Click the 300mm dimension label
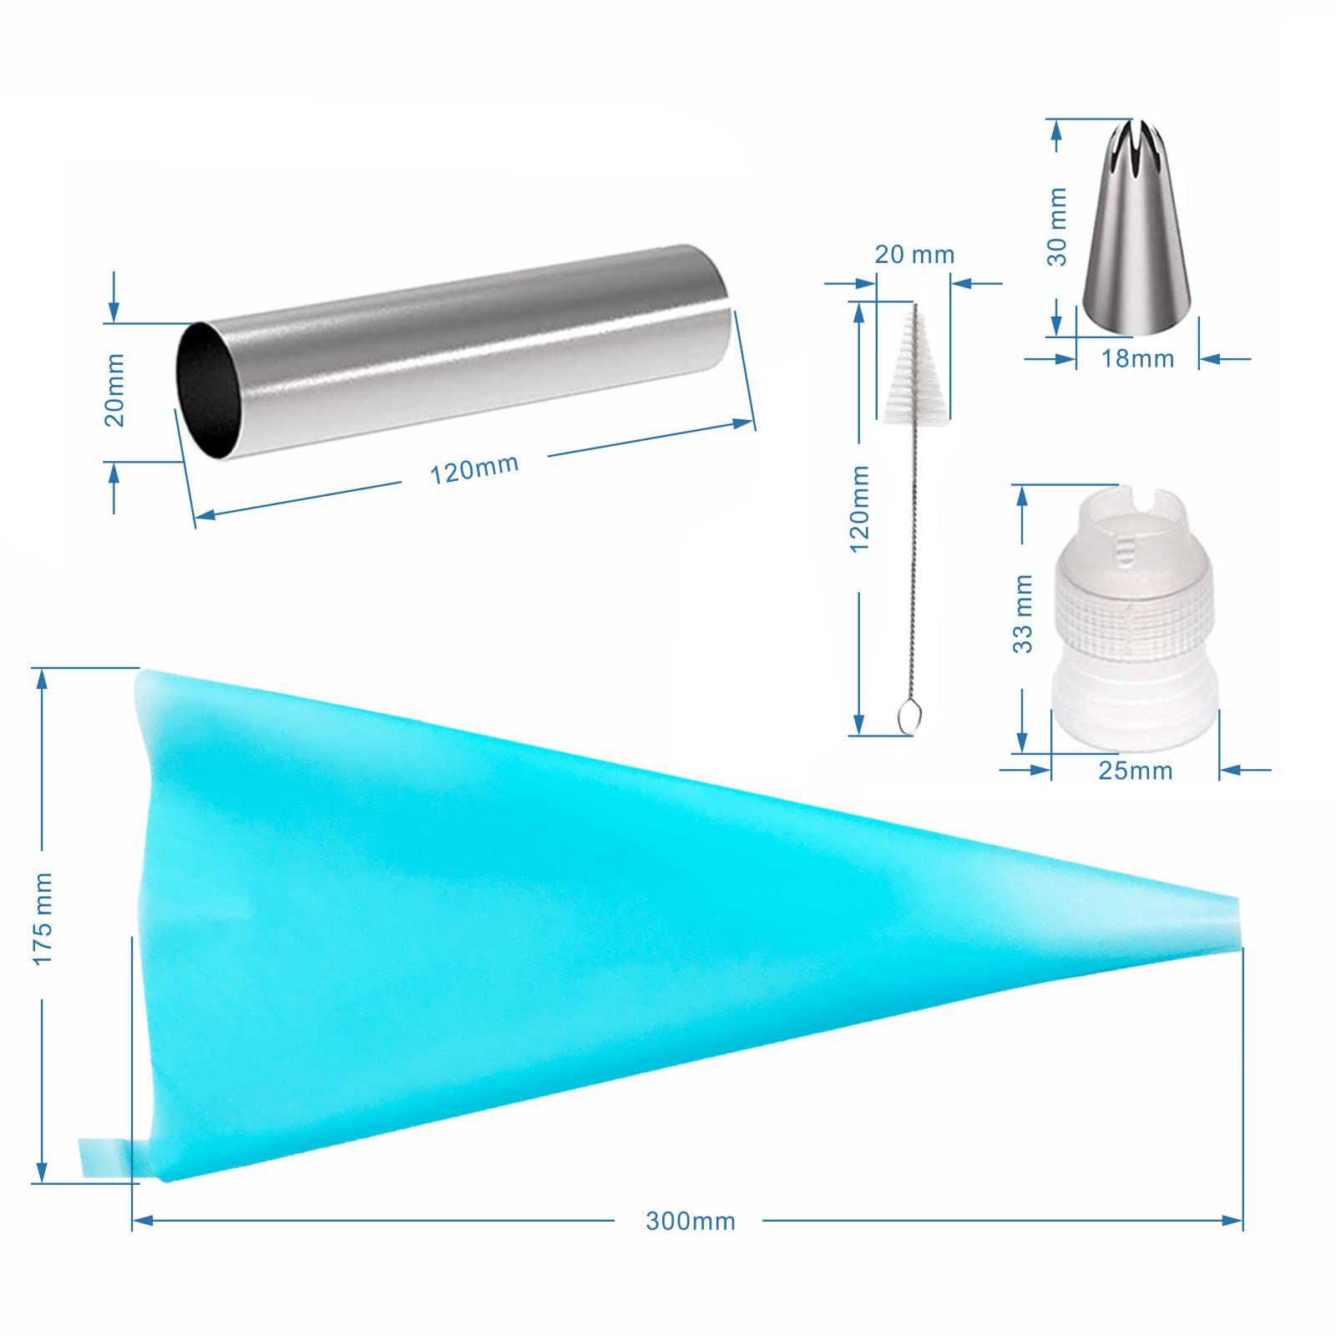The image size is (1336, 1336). [x=691, y=1221]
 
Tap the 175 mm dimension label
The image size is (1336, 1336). [x=43, y=918]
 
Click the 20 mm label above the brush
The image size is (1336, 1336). [x=914, y=254]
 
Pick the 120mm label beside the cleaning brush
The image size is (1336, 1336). [x=859, y=509]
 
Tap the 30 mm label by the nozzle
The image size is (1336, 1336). [x=1057, y=227]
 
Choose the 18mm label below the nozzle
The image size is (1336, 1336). [x=1137, y=358]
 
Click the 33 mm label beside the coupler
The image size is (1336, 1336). [x=1022, y=614]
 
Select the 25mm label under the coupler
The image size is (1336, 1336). [x=1136, y=770]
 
